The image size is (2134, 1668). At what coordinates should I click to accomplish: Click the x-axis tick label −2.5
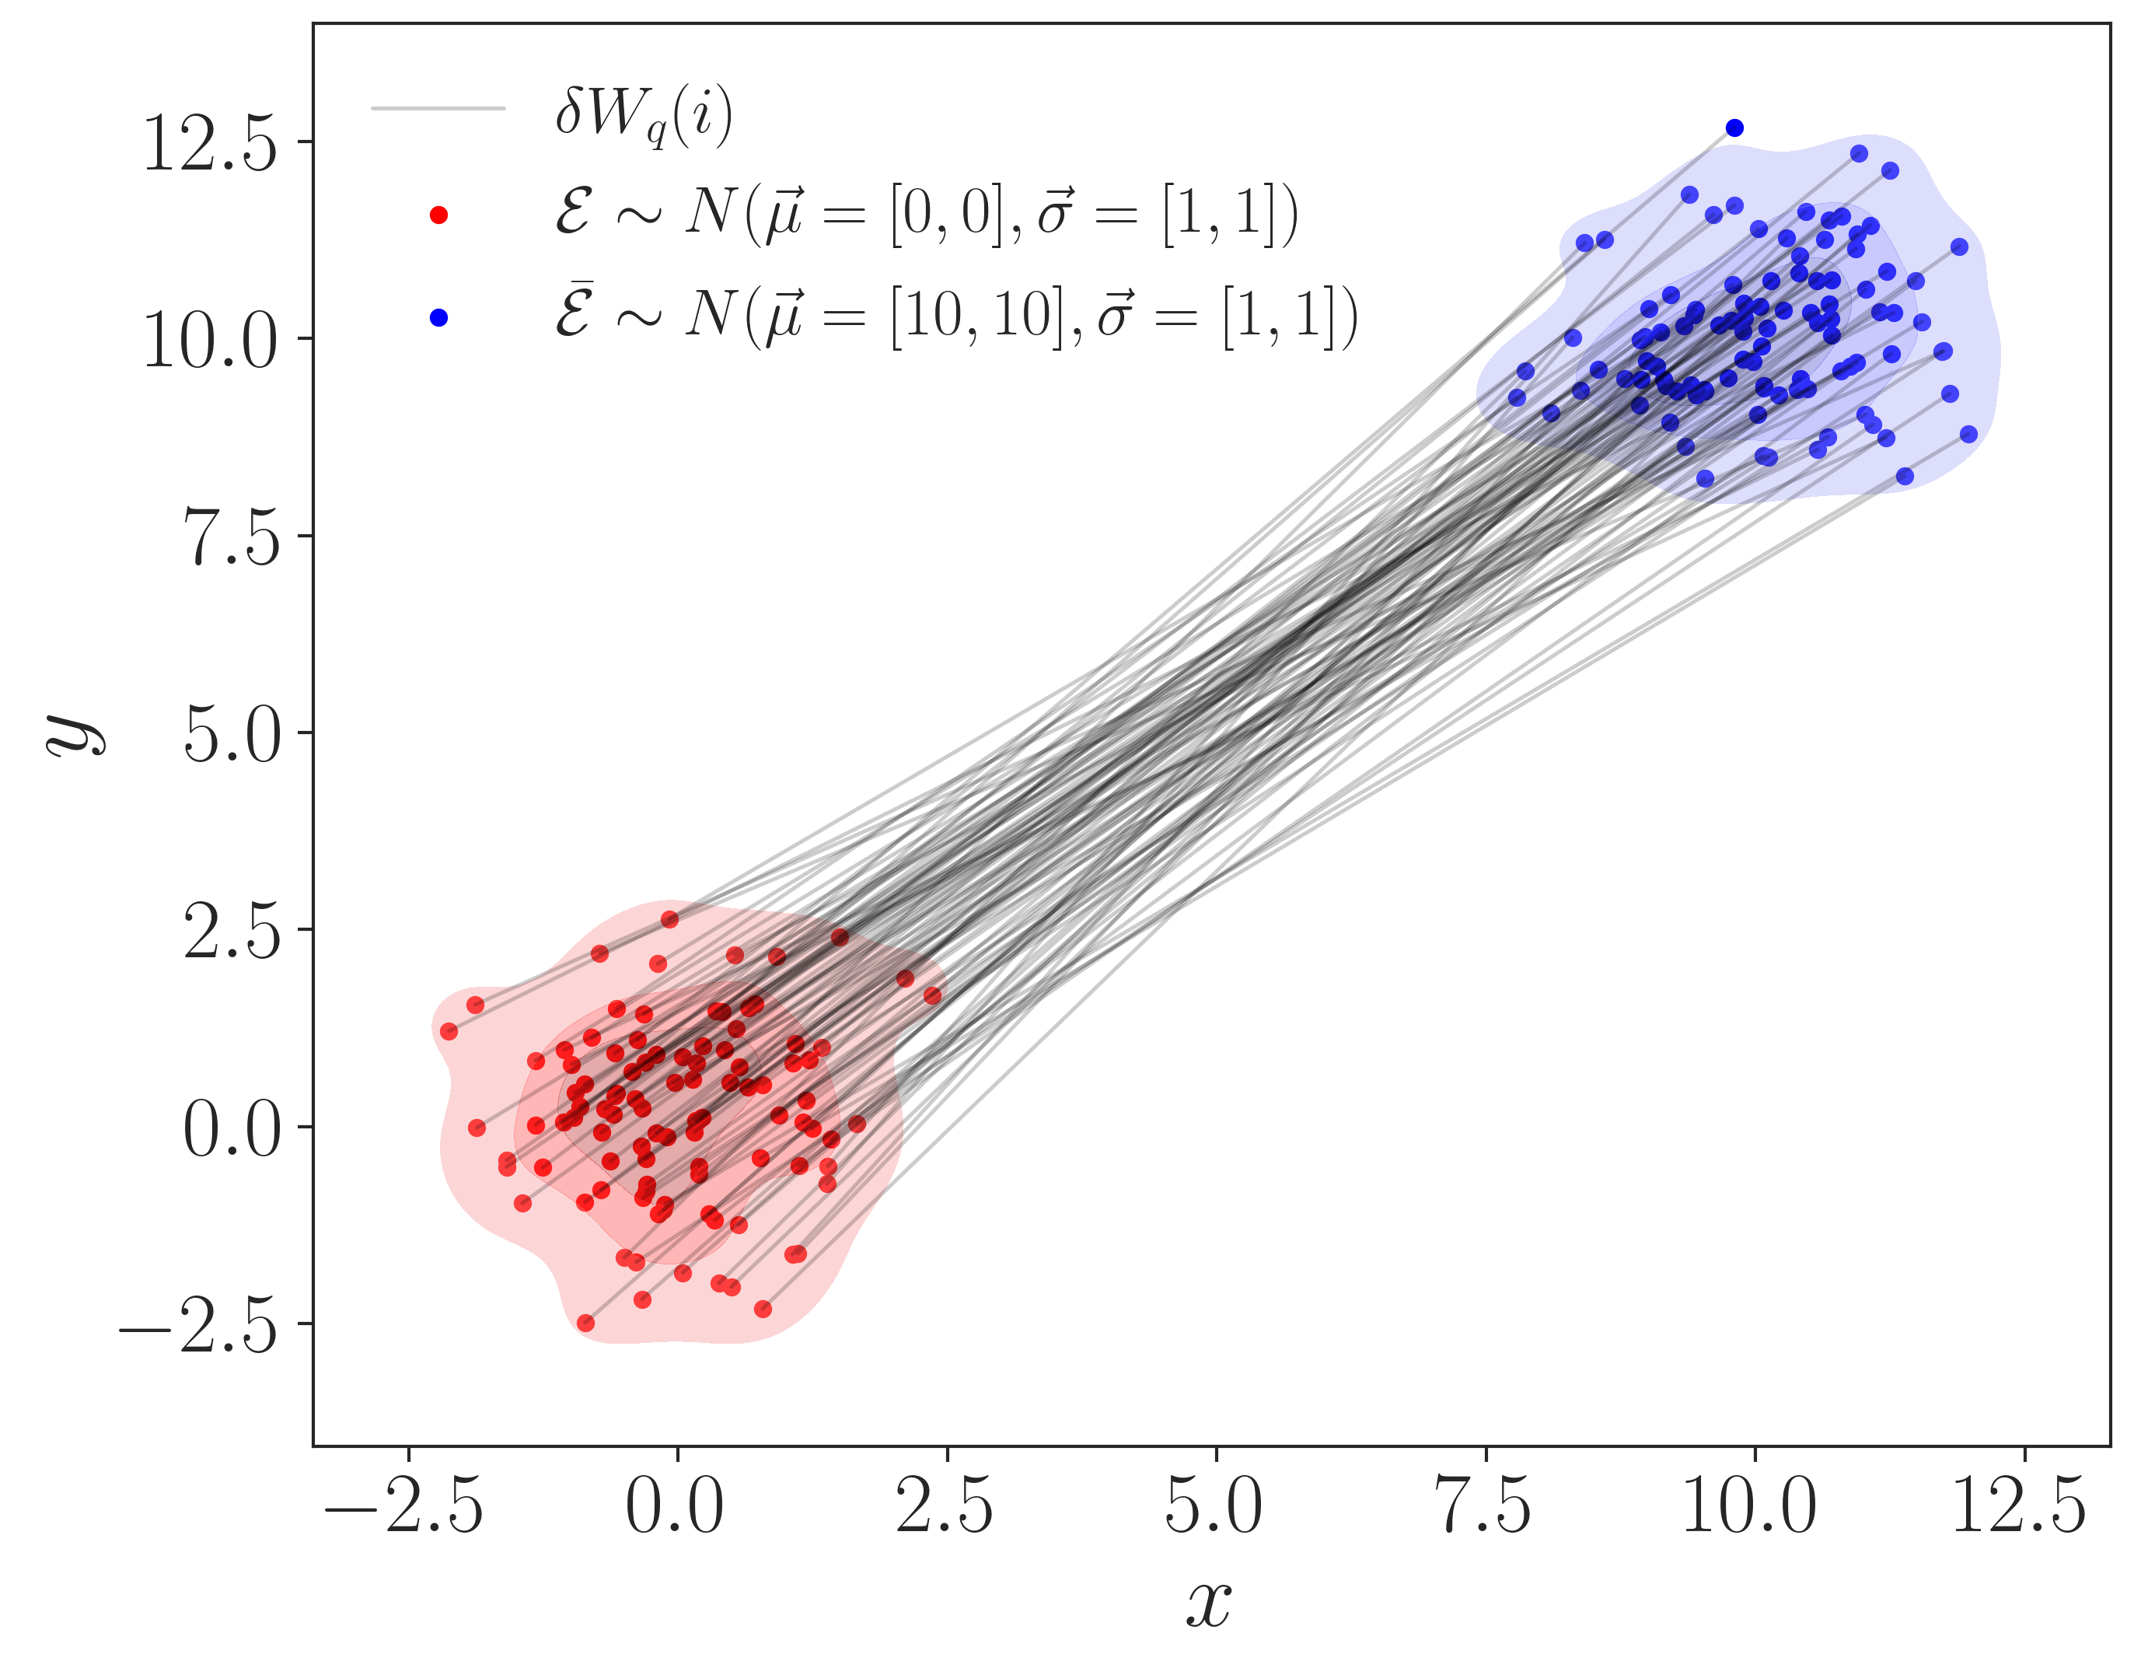(x=404, y=1507)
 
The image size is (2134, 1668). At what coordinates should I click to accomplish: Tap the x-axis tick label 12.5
(x=2020, y=1507)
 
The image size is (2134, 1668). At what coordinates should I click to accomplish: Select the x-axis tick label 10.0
(x=1751, y=1507)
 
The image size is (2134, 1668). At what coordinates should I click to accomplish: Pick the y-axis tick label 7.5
(x=232, y=537)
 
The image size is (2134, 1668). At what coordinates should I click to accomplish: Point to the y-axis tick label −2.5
(x=199, y=1326)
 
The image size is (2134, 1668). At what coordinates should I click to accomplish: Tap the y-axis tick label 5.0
(x=232, y=735)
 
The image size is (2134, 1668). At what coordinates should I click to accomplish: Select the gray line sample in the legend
(x=438, y=107)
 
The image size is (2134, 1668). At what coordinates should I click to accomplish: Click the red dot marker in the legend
(x=438, y=215)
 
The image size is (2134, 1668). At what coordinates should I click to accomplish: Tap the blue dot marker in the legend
(x=438, y=317)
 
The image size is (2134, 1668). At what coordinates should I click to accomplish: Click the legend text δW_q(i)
(x=644, y=115)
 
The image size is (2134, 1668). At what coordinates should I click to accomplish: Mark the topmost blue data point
(x=1734, y=128)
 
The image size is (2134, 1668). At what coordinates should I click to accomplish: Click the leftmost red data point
(x=449, y=1032)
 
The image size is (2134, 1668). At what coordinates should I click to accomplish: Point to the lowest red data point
(x=586, y=1323)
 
